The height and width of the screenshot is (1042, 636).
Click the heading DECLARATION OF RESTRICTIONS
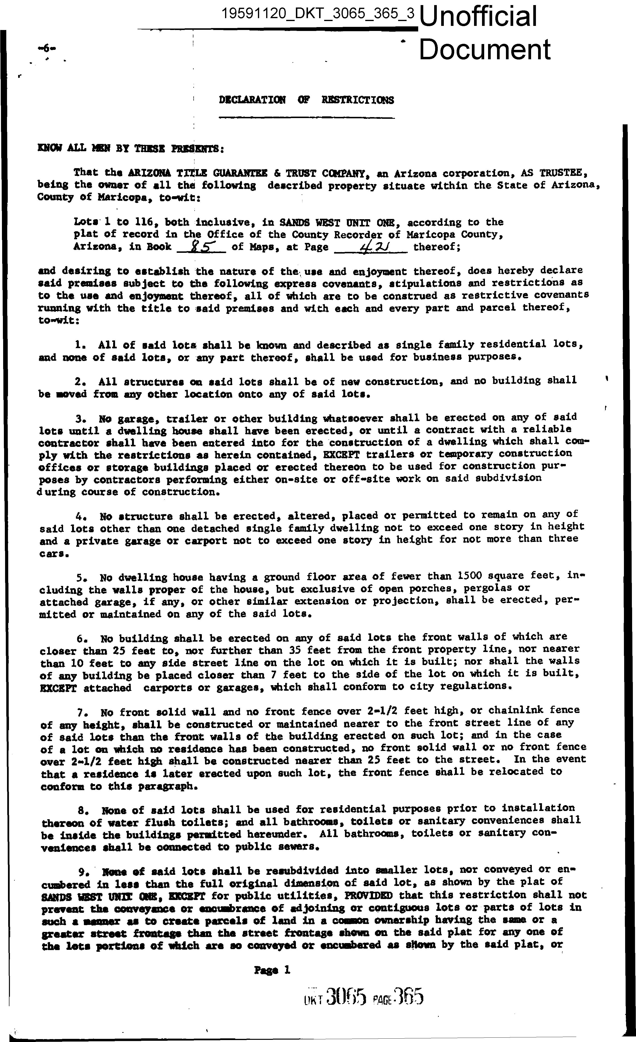[306, 100]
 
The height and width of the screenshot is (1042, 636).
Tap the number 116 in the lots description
[146, 222]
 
